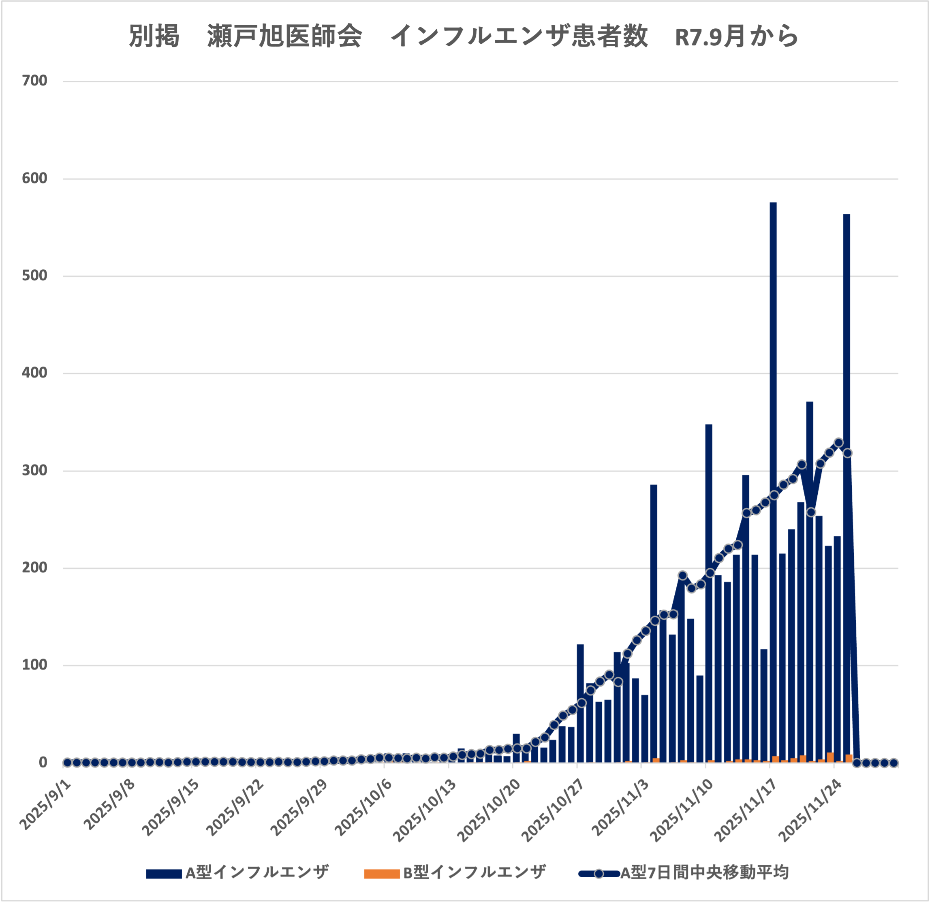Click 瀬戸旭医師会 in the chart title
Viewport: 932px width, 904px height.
click(x=284, y=36)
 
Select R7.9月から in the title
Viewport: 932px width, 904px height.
click(x=736, y=36)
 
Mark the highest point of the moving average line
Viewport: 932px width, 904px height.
click(x=839, y=443)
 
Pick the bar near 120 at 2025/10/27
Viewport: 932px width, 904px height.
click(x=580, y=704)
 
